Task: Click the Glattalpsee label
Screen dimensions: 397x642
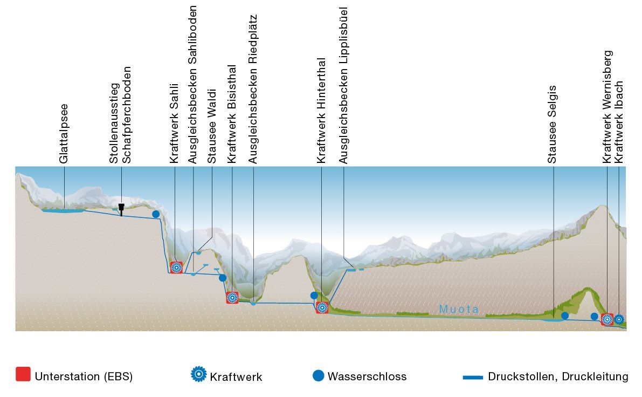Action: click(64, 134)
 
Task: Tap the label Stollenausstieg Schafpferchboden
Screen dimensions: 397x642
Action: click(120, 115)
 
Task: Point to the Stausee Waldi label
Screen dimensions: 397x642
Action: click(212, 126)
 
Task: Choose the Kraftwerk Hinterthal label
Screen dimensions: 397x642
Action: click(321, 111)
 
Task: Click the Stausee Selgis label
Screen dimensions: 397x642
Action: click(552, 124)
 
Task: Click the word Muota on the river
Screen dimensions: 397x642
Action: click(458, 310)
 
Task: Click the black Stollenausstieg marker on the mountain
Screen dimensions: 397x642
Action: click(122, 208)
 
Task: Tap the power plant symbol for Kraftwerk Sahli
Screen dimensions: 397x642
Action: click(176, 267)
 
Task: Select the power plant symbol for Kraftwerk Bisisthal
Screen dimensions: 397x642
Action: click(232, 297)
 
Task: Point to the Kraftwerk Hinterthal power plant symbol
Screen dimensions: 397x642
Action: click(322, 307)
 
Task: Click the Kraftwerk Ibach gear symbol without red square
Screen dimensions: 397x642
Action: click(619, 319)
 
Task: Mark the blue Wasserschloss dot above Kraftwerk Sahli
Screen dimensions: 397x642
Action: click(156, 214)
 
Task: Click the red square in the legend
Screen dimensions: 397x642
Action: click(23, 374)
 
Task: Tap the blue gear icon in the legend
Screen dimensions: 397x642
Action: click(199, 374)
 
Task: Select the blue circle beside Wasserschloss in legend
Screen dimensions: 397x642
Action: click(319, 375)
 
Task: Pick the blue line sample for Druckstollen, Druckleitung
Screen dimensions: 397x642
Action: click(473, 377)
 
